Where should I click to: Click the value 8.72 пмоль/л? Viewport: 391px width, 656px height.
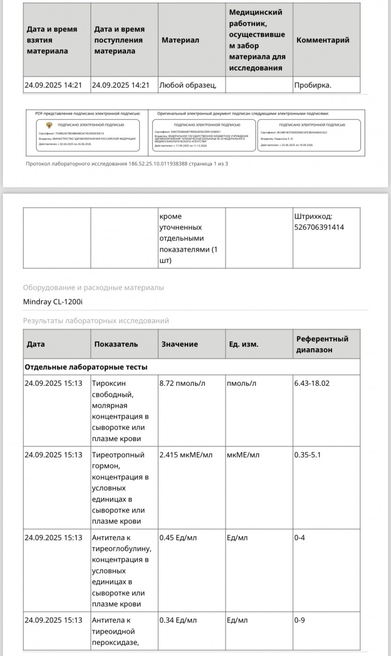(x=182, y=383)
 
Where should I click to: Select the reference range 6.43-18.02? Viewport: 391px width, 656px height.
(x=312, y=383)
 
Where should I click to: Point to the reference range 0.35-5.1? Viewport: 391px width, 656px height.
(x=308, y=455)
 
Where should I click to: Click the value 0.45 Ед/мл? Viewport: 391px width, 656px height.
(x=178, y=537)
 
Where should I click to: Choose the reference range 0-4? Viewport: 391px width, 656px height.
(x=300, y=537)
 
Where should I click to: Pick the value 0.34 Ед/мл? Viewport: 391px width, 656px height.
(x=178, y=620)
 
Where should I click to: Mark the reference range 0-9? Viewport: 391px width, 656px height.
(x=300, y=620)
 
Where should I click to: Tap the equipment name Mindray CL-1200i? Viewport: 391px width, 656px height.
(x=53, y=301)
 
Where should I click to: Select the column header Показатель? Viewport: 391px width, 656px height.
(x=116, y=344)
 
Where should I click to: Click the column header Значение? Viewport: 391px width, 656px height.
(x=180, y=344)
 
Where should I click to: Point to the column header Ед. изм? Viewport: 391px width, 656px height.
(x=243, y=344)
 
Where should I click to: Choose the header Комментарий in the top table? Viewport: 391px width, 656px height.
(x=323, y=40)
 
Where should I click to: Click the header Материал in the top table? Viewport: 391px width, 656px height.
(x=180, y=40)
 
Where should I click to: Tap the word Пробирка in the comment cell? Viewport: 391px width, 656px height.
(x=312, y=85)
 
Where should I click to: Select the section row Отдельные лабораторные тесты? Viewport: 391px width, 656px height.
(x=86, y=367)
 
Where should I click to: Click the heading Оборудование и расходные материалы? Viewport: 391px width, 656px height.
(x=93, y=288)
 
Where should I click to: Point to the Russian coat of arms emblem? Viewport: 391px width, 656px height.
(x=49, y=125)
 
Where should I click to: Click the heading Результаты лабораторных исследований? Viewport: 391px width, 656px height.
(x=96, y=321)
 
